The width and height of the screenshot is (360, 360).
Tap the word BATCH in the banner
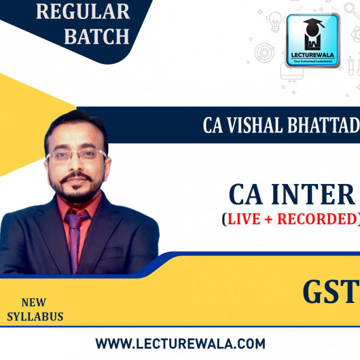96,36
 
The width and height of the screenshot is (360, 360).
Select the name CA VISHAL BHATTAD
280,126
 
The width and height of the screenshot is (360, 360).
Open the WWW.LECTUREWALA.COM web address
180,344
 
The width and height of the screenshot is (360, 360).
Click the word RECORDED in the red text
319,219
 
